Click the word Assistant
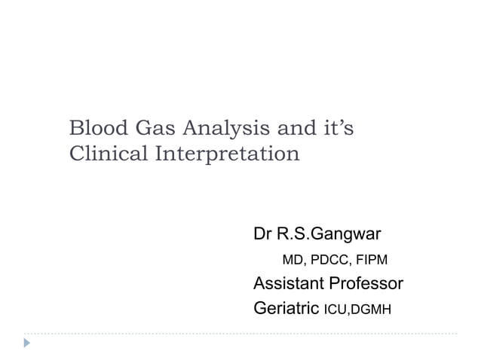tap(289, 284)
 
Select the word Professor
tap(366, 284)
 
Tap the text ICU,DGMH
tap(357, 309)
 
